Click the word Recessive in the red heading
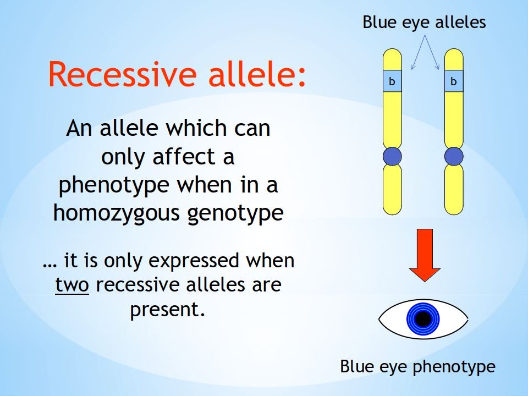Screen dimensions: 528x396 tap(123, 74)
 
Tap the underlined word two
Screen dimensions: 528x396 tap(72, 285)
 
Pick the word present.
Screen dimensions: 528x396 tap(167, 310)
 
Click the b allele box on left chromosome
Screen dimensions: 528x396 tap(392, 81)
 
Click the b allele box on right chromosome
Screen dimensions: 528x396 tap(454, 81)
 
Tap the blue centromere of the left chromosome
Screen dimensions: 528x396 tap(392, 156)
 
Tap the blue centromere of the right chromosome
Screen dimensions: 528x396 tap(454, 156)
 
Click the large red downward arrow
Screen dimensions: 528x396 tap(425, 255)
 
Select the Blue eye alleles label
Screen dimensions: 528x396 tap(424, 22)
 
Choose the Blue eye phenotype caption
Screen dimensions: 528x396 tap(417, 367)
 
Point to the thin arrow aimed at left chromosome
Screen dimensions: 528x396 tap(418, 52)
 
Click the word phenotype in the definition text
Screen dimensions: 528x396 tap(114, 186)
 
